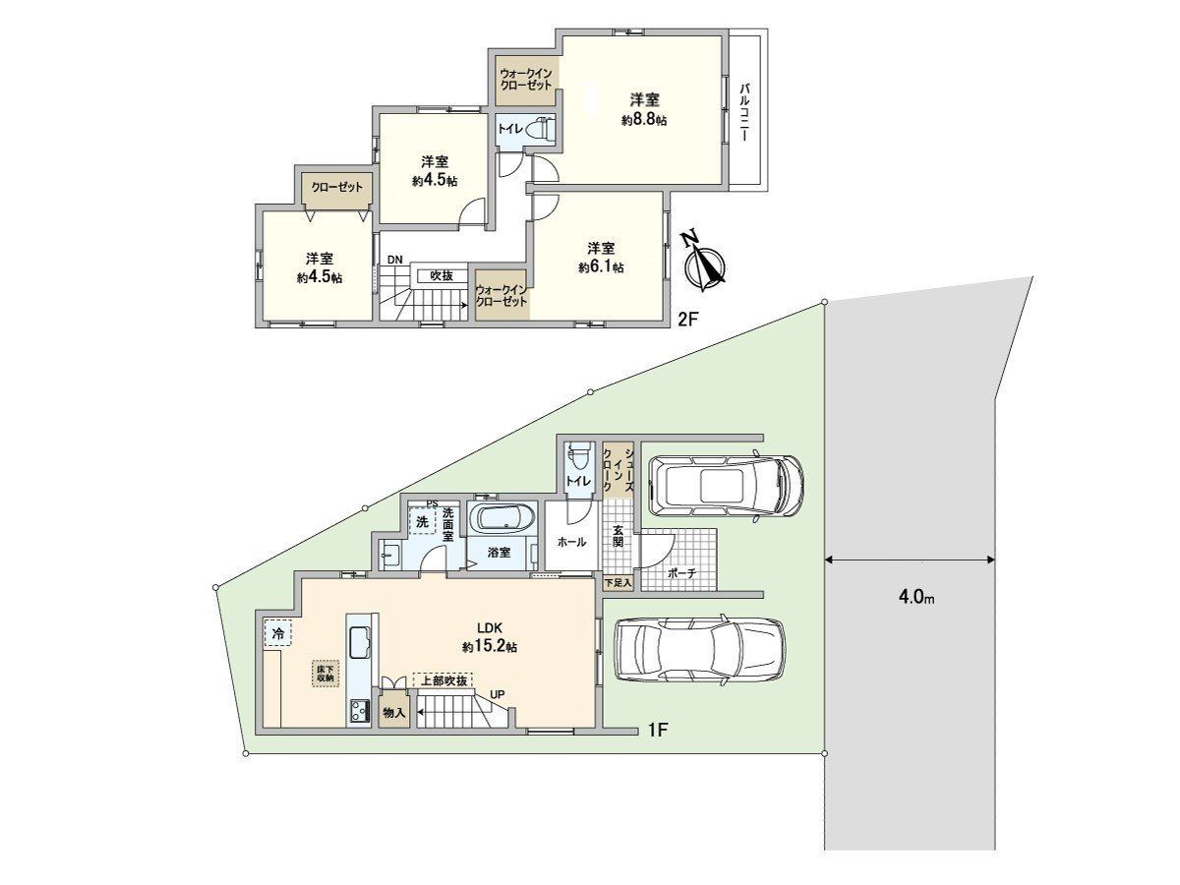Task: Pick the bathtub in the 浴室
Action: pos(502,518)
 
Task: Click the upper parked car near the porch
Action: pos(728,484)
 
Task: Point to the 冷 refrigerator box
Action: pos(277,634)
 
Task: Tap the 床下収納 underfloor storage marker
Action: pos(325,672)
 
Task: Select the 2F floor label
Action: pos(688,320)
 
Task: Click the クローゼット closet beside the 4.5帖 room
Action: pos(337,187)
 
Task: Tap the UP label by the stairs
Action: pos(498,695)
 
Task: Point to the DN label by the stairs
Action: pos(394,260)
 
